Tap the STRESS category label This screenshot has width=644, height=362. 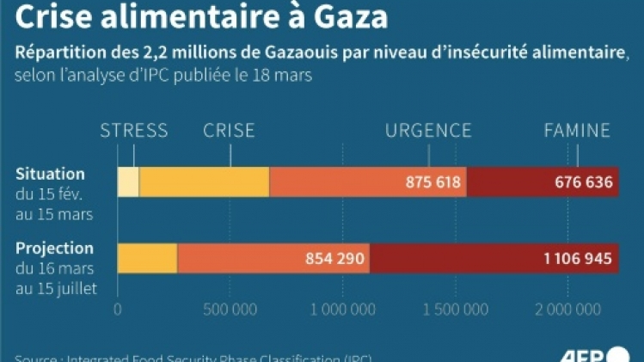(x=134, y=131)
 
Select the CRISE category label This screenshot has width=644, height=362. (x=229, y=131)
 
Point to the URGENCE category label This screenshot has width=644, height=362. (x=428, y=131)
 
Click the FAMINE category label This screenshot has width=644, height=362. (x=577, y=131)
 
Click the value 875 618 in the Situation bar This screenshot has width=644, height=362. (x=433, y=182)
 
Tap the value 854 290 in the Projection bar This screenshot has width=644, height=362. (x=335, y=258)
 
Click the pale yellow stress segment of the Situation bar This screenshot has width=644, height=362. (x=128, y=182)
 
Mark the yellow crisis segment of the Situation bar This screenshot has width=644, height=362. (x=204, y=182)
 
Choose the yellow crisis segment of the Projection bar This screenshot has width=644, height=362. (x=147, y=258)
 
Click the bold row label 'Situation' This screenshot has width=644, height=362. (x=50, y=175)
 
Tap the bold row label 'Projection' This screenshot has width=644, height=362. (x=54, y=248)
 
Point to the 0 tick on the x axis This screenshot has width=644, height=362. (x=118, y=308)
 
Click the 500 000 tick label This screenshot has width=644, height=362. (x=230, y=308)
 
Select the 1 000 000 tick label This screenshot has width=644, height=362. (x=343, y=308)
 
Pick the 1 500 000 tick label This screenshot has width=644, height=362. (x=456, y=308)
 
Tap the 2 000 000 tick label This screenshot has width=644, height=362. (x=568, y=308)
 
